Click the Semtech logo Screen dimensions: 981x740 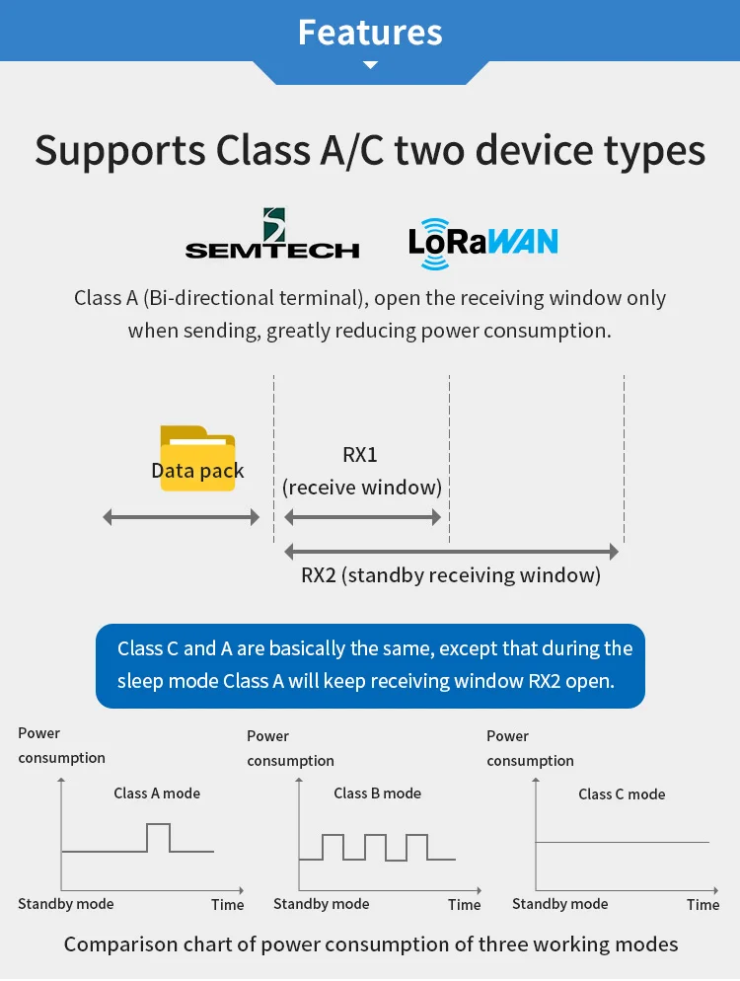pyautogui.click(x=272, y=235)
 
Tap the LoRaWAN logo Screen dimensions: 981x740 pyautogui.click(x=482, y=243)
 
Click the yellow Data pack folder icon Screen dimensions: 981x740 pyautogui.click(x=197, y=458)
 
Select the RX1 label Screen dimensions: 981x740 pyautogui.click(x=360, y=455)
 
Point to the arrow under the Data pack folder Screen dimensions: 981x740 pyautogui.click(x=182, y=517)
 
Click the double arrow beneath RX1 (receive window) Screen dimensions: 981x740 pyautogui.click(x=362, y=517)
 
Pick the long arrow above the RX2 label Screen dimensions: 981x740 pyautogui.click(x=451, y=551)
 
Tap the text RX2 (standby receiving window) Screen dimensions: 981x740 pyautogui.click(x=451, y=575)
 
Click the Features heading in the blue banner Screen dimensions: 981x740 pyautogui.click(x=370, y=32)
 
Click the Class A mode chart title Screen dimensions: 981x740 pyautogui.click(x=157, y=792)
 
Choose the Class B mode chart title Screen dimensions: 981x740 pyautogui.click(x=377, y=792)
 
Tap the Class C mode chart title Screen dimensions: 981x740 pyautogui.click(x=622, y=793)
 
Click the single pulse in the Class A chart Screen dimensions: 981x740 pyautogui.click(x=158, y=836)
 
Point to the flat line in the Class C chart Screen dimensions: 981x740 pyautogui.click(x=622, y=842)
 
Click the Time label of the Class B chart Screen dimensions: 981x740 pyautogui.click(x=464, y=904)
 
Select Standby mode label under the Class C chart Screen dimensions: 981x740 pyautogui.click(x=560, y=904)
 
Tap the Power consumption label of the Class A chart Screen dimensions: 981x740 pyautogui.click(x=61, y=745)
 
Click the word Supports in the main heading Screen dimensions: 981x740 pyautogui.click(x=119, y=151)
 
